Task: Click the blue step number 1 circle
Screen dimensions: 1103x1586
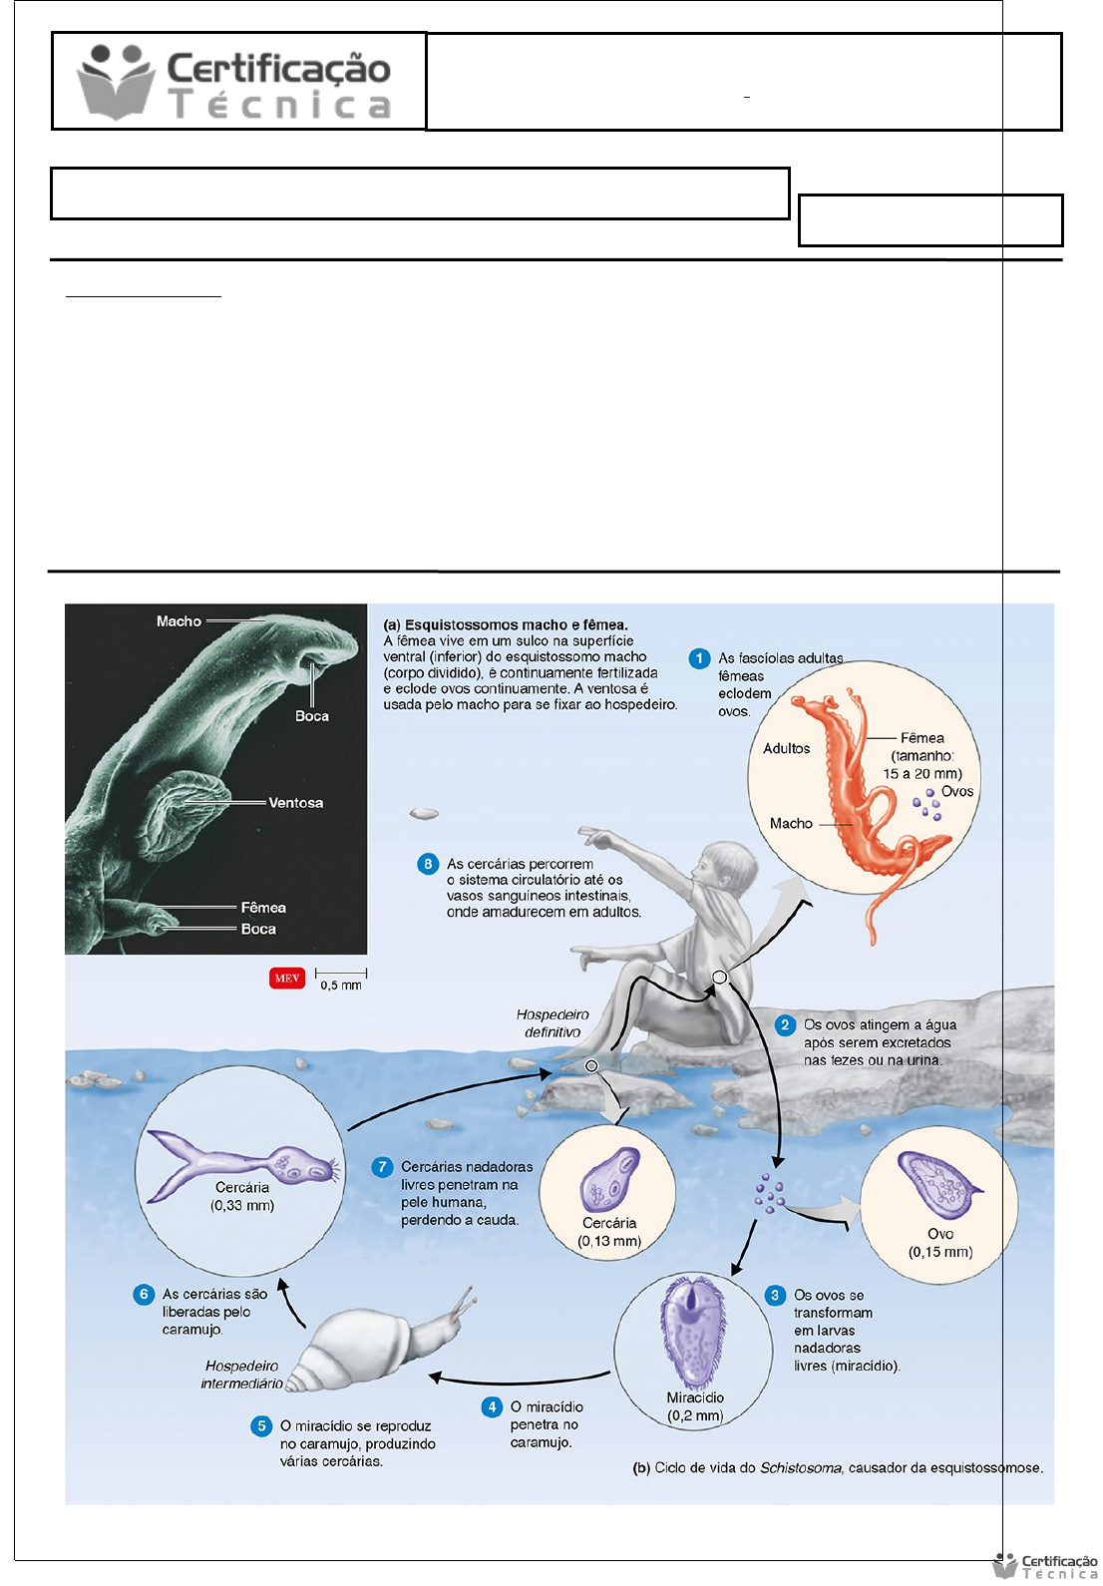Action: (x=699, y=658)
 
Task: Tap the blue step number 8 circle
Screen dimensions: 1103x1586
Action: (x=428, y=864)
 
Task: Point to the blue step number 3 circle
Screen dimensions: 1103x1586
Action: (x=775, y=1295)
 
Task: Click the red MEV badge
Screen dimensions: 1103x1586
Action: (x=287, y=978)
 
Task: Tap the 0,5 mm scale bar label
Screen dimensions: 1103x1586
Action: (x=341, y=985)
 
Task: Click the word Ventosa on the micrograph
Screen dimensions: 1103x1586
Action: (x=296, y=803)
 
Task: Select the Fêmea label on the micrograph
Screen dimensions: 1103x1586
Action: (x=263, y=907)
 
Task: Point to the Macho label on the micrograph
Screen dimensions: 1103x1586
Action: (x=180, y=621)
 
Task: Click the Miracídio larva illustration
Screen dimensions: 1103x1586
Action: (x=689, y=1332)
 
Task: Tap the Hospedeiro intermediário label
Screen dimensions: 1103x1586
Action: (x=241, y=1375)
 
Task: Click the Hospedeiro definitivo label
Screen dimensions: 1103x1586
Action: (x=552, y=1023)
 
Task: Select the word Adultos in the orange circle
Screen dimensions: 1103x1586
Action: (x=787, y=748)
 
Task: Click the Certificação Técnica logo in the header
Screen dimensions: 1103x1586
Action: (x=234, y=82)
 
